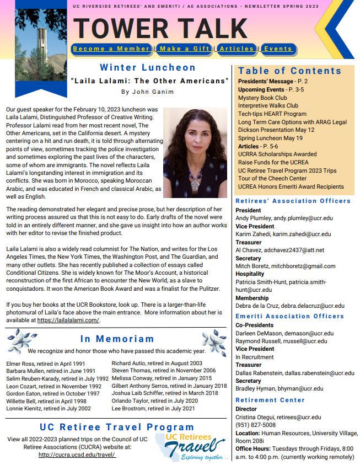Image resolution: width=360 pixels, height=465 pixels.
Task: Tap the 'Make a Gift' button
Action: pyautogui.click(x=184, y=49)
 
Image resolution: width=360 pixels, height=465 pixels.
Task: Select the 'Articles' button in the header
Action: pyautogui.click(x=237, y=49)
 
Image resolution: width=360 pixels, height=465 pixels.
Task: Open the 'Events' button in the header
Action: pyautogui.click(x=277, y=49)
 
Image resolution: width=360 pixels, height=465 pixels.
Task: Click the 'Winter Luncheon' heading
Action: pyautogui.click(x=148, y=68)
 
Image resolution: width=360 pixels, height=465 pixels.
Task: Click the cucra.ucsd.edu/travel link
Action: pyautogui.click(x=77, y=455)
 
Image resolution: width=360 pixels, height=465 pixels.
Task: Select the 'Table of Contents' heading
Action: pyautogui.click(x=290, y=71)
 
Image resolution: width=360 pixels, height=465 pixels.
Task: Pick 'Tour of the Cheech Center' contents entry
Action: pyautogui.click(x=273, y=178)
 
